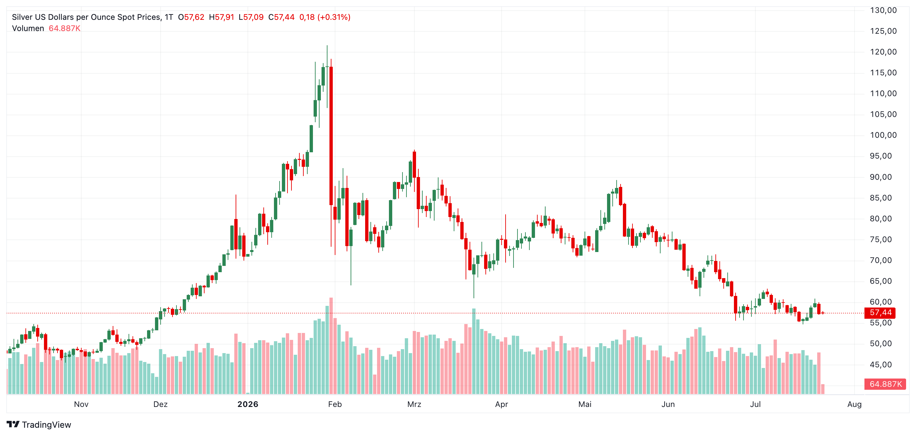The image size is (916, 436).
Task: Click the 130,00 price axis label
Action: (x=883, y=10)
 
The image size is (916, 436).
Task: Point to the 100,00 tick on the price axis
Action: (x=883, y=135)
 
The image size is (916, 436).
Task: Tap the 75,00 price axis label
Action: (x=881, y=239)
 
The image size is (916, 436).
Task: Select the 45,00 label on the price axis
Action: (x=881, y=365)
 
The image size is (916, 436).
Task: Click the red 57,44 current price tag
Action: (x=880, y=313)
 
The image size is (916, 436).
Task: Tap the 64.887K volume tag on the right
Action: (x=885, y=384)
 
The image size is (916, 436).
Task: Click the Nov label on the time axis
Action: (x=81, y=404)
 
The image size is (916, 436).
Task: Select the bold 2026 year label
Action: (x=248, y=404)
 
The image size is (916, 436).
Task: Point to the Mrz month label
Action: (x=414, y=404)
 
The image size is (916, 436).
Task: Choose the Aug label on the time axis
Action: (x=855, y=404)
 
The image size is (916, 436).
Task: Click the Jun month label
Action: (x=668, y=404)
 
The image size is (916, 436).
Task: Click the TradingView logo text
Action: (x=46, y=425)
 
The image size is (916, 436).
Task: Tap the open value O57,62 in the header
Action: (x=191, y=17)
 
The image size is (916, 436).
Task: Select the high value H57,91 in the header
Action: (x=221, y=17)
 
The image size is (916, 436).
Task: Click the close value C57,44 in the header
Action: (x=281, y=17)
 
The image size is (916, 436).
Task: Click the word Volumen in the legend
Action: (x=28, y=28)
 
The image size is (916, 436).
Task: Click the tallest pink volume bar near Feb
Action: (x=331, y=346)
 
